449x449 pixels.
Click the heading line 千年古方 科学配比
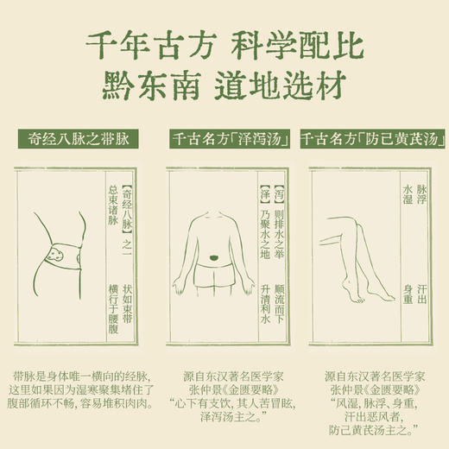[224, 46]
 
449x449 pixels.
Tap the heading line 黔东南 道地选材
[224, 86]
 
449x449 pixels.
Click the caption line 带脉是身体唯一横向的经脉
[77, 376]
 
